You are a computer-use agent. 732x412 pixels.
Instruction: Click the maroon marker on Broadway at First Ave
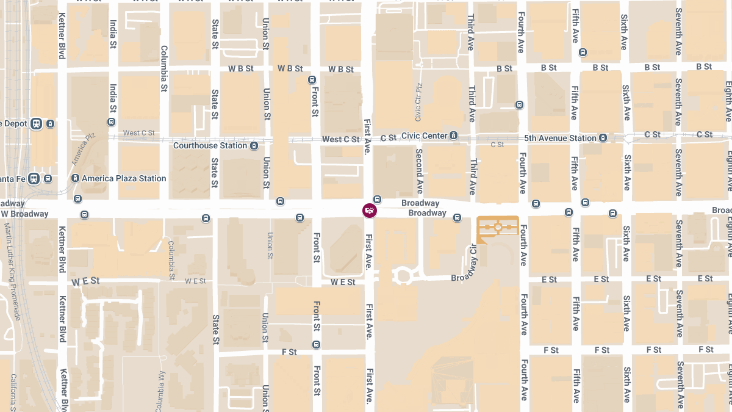click(369, 211)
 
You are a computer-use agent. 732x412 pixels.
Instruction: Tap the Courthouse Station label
click(210, 146)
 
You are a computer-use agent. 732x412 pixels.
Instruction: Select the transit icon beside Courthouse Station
click(253, 146)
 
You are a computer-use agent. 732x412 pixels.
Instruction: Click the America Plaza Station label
click(124, 178)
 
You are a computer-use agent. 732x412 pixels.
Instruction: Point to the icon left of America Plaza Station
click(75, 178)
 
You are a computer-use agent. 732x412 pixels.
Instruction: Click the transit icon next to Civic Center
click(453, 136)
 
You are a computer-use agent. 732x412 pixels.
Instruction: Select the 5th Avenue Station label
click(559, 138)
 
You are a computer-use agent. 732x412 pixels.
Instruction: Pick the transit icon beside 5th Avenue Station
click(603, 138)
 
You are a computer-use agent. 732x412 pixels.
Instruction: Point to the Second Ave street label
click(419, 171)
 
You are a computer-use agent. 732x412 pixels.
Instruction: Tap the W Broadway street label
click(24, 214)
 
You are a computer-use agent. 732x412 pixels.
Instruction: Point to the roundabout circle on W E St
click(402, 275)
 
